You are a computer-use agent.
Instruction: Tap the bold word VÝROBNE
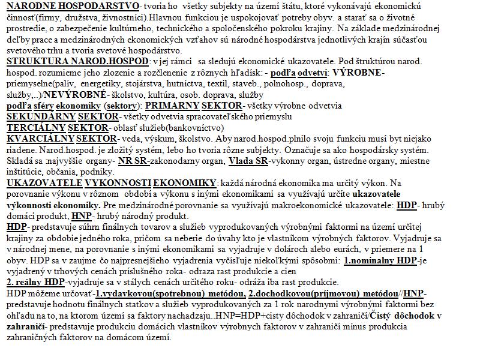point(358,72)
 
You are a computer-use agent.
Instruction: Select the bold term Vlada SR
point(248,161)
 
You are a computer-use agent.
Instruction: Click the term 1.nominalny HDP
point(380,260)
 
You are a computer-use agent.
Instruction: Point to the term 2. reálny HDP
point(35,281)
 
